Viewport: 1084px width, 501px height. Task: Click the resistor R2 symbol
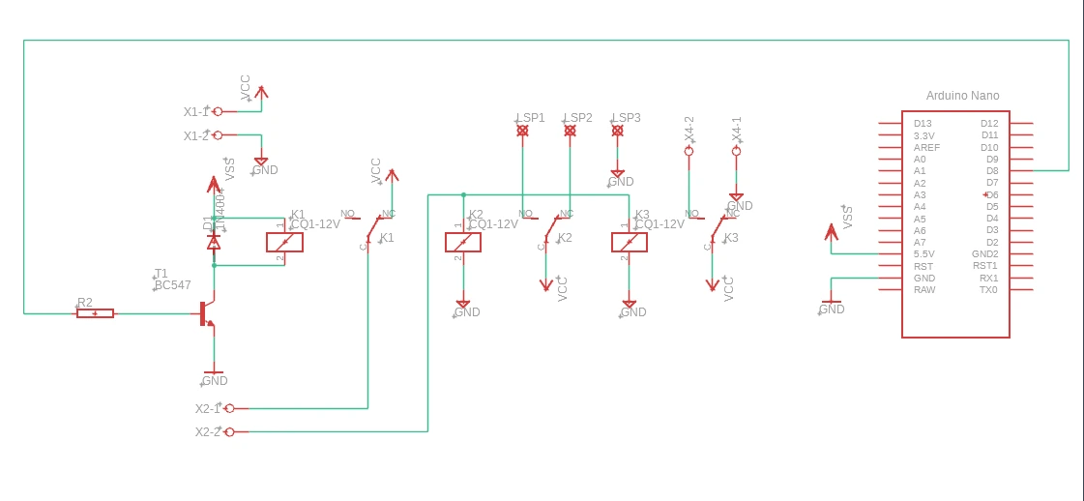pyautogui.click(x=95, y=313)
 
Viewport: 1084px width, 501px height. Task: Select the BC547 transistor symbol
pyautogui.click(x=206, y=313)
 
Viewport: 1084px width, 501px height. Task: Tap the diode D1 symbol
pyautogui.click(x=214, y=242)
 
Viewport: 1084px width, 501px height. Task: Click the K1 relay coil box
pyautogui.click(x=284, y=242)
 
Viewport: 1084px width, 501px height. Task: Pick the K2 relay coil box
pyautogui.click(x=463, y=242)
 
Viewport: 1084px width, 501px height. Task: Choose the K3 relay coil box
pyautogui.click(x=630, y=242)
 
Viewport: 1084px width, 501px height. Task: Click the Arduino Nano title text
pyautogui.click(x=962, y=96)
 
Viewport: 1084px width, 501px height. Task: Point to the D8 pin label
pyautogui.click(x=991, y=171)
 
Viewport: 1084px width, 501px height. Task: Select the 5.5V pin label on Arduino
pyautogui.click(x=924, y=254)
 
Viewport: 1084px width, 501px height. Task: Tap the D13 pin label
pyautogui.click(x=923, y=124)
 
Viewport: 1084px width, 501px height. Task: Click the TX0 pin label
pyautogui.click(x=988, y=290)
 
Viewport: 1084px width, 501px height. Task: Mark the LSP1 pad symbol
pyautogui.click(x=522, y=130)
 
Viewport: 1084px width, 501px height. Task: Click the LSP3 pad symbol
pyautogui.click(x=617, y=130)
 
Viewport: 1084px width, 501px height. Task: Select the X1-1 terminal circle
pyautogui.click(x=218, y=111)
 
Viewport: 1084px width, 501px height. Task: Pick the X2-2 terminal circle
pyautogui.click(x=229, y=431)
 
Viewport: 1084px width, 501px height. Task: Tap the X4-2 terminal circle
pyautogui.click(x=688, y=152)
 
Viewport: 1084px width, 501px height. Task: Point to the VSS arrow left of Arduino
pyautogui.click(x=831, y=232)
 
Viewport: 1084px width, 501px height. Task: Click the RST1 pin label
pyautogui.click(x=985, y=266)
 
